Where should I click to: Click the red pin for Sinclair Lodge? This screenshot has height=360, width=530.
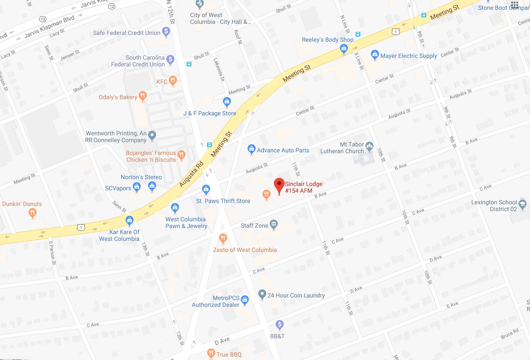pos(279,185)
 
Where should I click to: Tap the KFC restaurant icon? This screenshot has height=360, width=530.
pos(173,81)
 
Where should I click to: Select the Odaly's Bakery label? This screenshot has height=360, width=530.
pos(118,97)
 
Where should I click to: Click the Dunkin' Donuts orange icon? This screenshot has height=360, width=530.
pos(33,214)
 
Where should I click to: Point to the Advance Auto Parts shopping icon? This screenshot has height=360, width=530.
pos(251,150)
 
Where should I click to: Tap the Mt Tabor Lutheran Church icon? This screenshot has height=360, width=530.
pos(369,147)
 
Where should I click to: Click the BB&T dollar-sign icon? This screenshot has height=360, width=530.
pos(279,325)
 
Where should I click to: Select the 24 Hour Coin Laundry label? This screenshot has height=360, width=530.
pos(296,295)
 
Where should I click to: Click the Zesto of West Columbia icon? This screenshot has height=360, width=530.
pos(223,238)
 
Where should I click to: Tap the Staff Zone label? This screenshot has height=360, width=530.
pos(254,226)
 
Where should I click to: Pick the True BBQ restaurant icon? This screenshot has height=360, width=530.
pos(211,353)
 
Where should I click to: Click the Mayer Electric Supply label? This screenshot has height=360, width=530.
pos(408,56)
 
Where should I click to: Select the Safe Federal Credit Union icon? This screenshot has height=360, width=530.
pos(166,31)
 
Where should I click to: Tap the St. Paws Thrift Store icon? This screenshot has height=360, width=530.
pos(206,189)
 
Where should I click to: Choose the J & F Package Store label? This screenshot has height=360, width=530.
pos(210,113)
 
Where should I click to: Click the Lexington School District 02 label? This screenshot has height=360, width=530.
pos(494,206)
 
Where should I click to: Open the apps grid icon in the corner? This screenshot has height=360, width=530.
pos(515,6)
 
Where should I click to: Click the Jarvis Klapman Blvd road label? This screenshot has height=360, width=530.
pos(45,29)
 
